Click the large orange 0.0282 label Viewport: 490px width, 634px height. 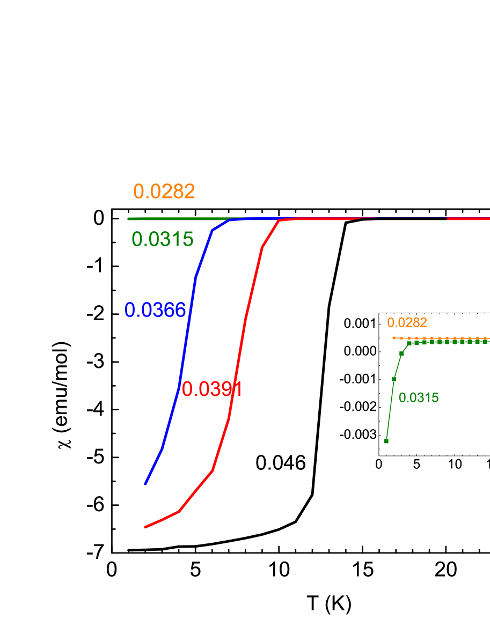point(164,191)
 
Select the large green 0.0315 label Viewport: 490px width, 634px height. point(162,239)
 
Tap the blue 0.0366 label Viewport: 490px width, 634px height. point(155,310)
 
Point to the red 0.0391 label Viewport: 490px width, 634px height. point(211,389)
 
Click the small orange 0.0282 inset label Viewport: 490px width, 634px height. point(407,322)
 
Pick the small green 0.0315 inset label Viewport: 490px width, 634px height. point(419,398)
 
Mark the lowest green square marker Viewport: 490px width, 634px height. point(386,441)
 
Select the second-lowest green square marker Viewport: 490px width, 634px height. point(393,379)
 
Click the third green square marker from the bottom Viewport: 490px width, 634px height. point(401,353)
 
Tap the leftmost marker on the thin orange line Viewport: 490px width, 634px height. point(394,338)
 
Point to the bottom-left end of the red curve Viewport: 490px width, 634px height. point(145,527)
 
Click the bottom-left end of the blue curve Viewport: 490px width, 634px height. point(145,484)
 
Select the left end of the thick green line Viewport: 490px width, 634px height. point(129,219)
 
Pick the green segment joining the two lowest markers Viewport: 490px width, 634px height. point(390,410)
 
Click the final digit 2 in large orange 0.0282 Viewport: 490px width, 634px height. point(189,191)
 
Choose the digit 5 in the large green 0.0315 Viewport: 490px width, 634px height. point(188,239)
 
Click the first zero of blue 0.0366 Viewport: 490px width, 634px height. point(130,310)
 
